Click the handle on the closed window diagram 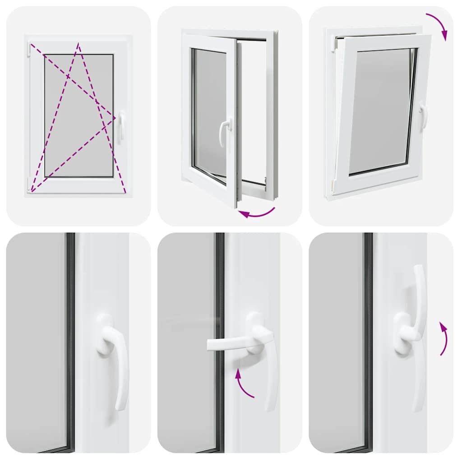(x=121, y=126)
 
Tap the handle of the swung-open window (x=224, y=131)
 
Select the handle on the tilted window (x=423, y=116)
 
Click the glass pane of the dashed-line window (x=79, y=115)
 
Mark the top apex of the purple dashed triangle (x=79, y=44)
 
